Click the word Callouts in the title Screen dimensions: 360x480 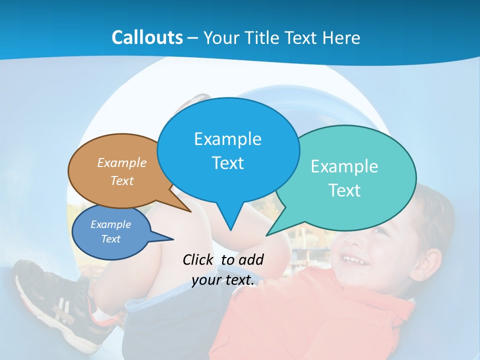click(147, 37)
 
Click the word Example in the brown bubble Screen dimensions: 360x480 click(122, 162)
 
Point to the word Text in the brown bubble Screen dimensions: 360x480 click(122, 180)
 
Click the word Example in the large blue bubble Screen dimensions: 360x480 click(227, 139)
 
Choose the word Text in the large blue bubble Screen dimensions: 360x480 click(227, 163)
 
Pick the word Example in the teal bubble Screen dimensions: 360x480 click(344, 166)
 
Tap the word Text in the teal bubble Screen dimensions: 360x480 click(344, 190)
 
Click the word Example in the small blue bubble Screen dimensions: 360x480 click(110, 224)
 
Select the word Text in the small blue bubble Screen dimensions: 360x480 click(110, 239)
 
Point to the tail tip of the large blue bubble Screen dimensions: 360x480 click(230, 230)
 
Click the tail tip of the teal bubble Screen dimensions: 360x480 click(266, 235)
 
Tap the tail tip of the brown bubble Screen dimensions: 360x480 click(191, 211)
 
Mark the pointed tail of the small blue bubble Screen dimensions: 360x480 click(173, 239)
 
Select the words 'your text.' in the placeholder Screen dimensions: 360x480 click(223, 280)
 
